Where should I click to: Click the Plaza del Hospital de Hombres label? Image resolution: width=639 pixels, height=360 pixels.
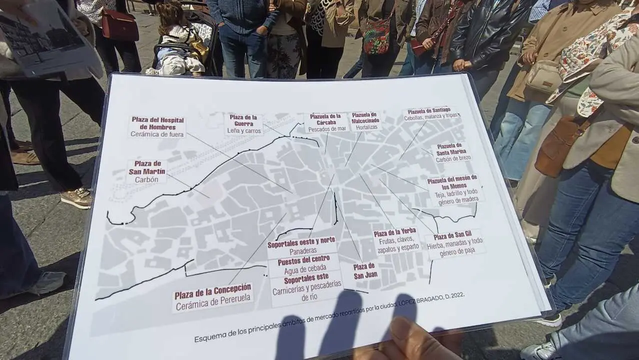point(157,127)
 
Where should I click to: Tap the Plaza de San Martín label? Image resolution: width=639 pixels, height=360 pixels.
point(147,172)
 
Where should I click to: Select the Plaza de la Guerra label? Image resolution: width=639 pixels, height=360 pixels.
point(243,124)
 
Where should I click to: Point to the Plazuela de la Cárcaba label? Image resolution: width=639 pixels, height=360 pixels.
point(325,122)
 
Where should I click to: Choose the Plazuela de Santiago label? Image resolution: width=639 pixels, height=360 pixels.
point(429,113)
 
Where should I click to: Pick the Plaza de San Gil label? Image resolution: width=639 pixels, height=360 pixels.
point(454,244)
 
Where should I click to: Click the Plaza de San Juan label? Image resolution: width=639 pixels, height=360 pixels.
point(366,270)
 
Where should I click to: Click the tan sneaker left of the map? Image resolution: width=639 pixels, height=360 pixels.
point(76,198)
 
